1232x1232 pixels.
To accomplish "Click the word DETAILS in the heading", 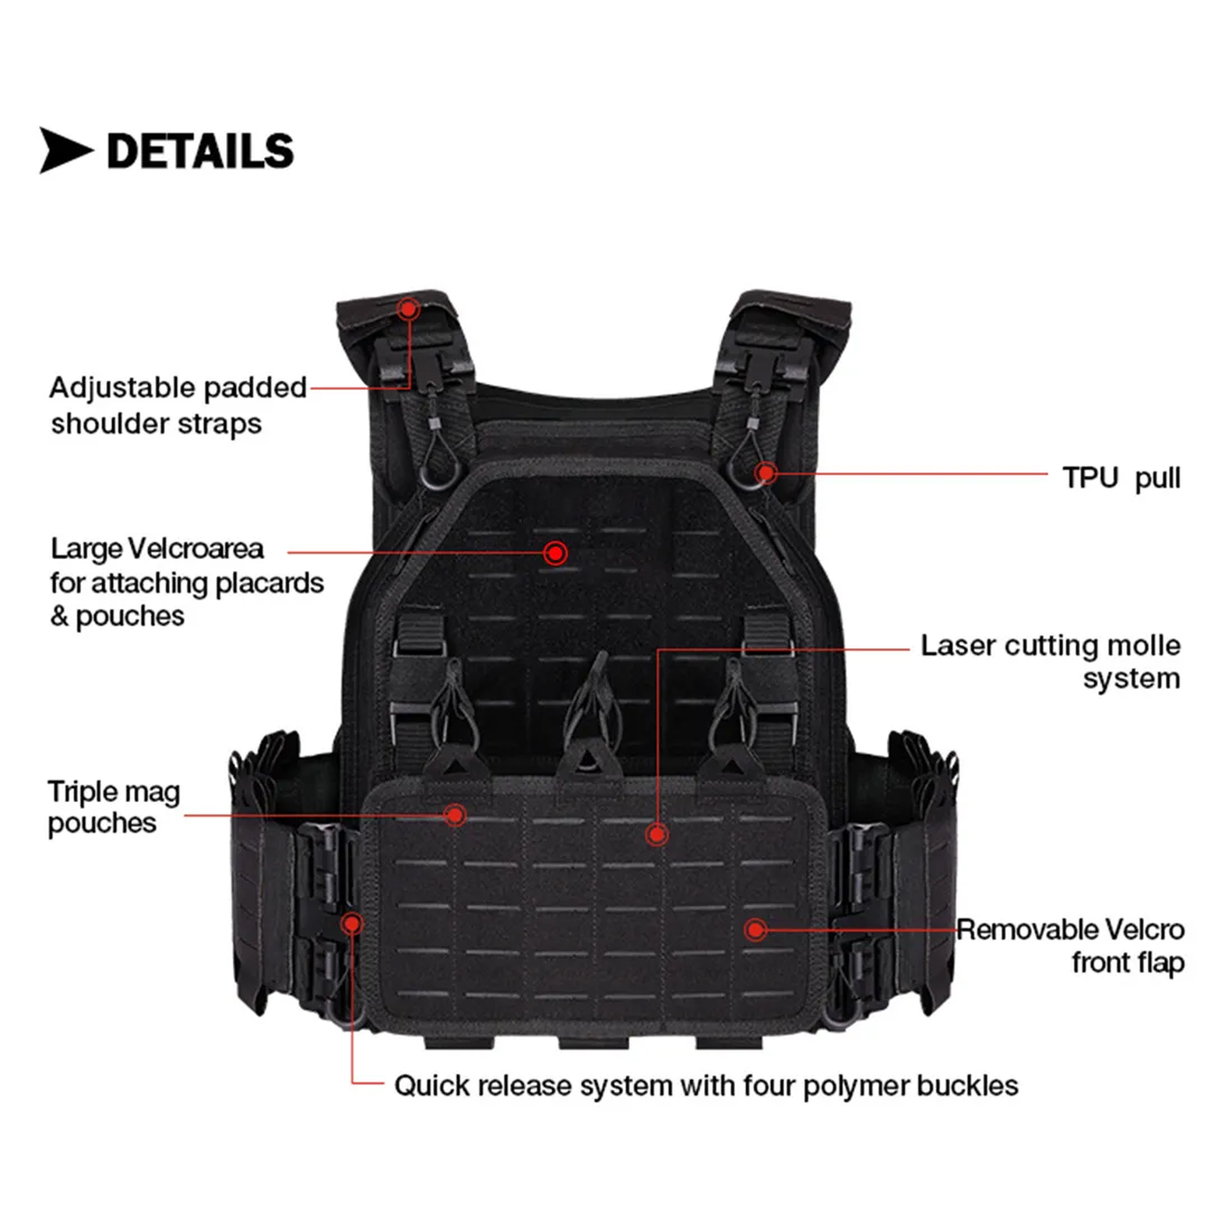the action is point(200,152).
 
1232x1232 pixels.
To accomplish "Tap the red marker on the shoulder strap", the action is point(409,309).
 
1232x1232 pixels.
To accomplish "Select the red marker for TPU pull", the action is point(766,473).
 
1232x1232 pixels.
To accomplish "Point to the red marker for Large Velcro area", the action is point(555,553).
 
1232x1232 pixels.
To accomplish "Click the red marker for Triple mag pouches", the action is point(455,815).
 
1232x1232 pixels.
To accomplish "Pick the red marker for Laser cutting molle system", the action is point(657,834).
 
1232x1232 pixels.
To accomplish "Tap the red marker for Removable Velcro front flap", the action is point(755,930).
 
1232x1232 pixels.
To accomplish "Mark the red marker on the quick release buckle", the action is point(351,924).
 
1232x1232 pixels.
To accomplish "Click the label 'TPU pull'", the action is point(1122,478).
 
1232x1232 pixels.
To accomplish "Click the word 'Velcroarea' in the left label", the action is point(196,548).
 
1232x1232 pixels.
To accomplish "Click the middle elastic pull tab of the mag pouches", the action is point(592,714).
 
